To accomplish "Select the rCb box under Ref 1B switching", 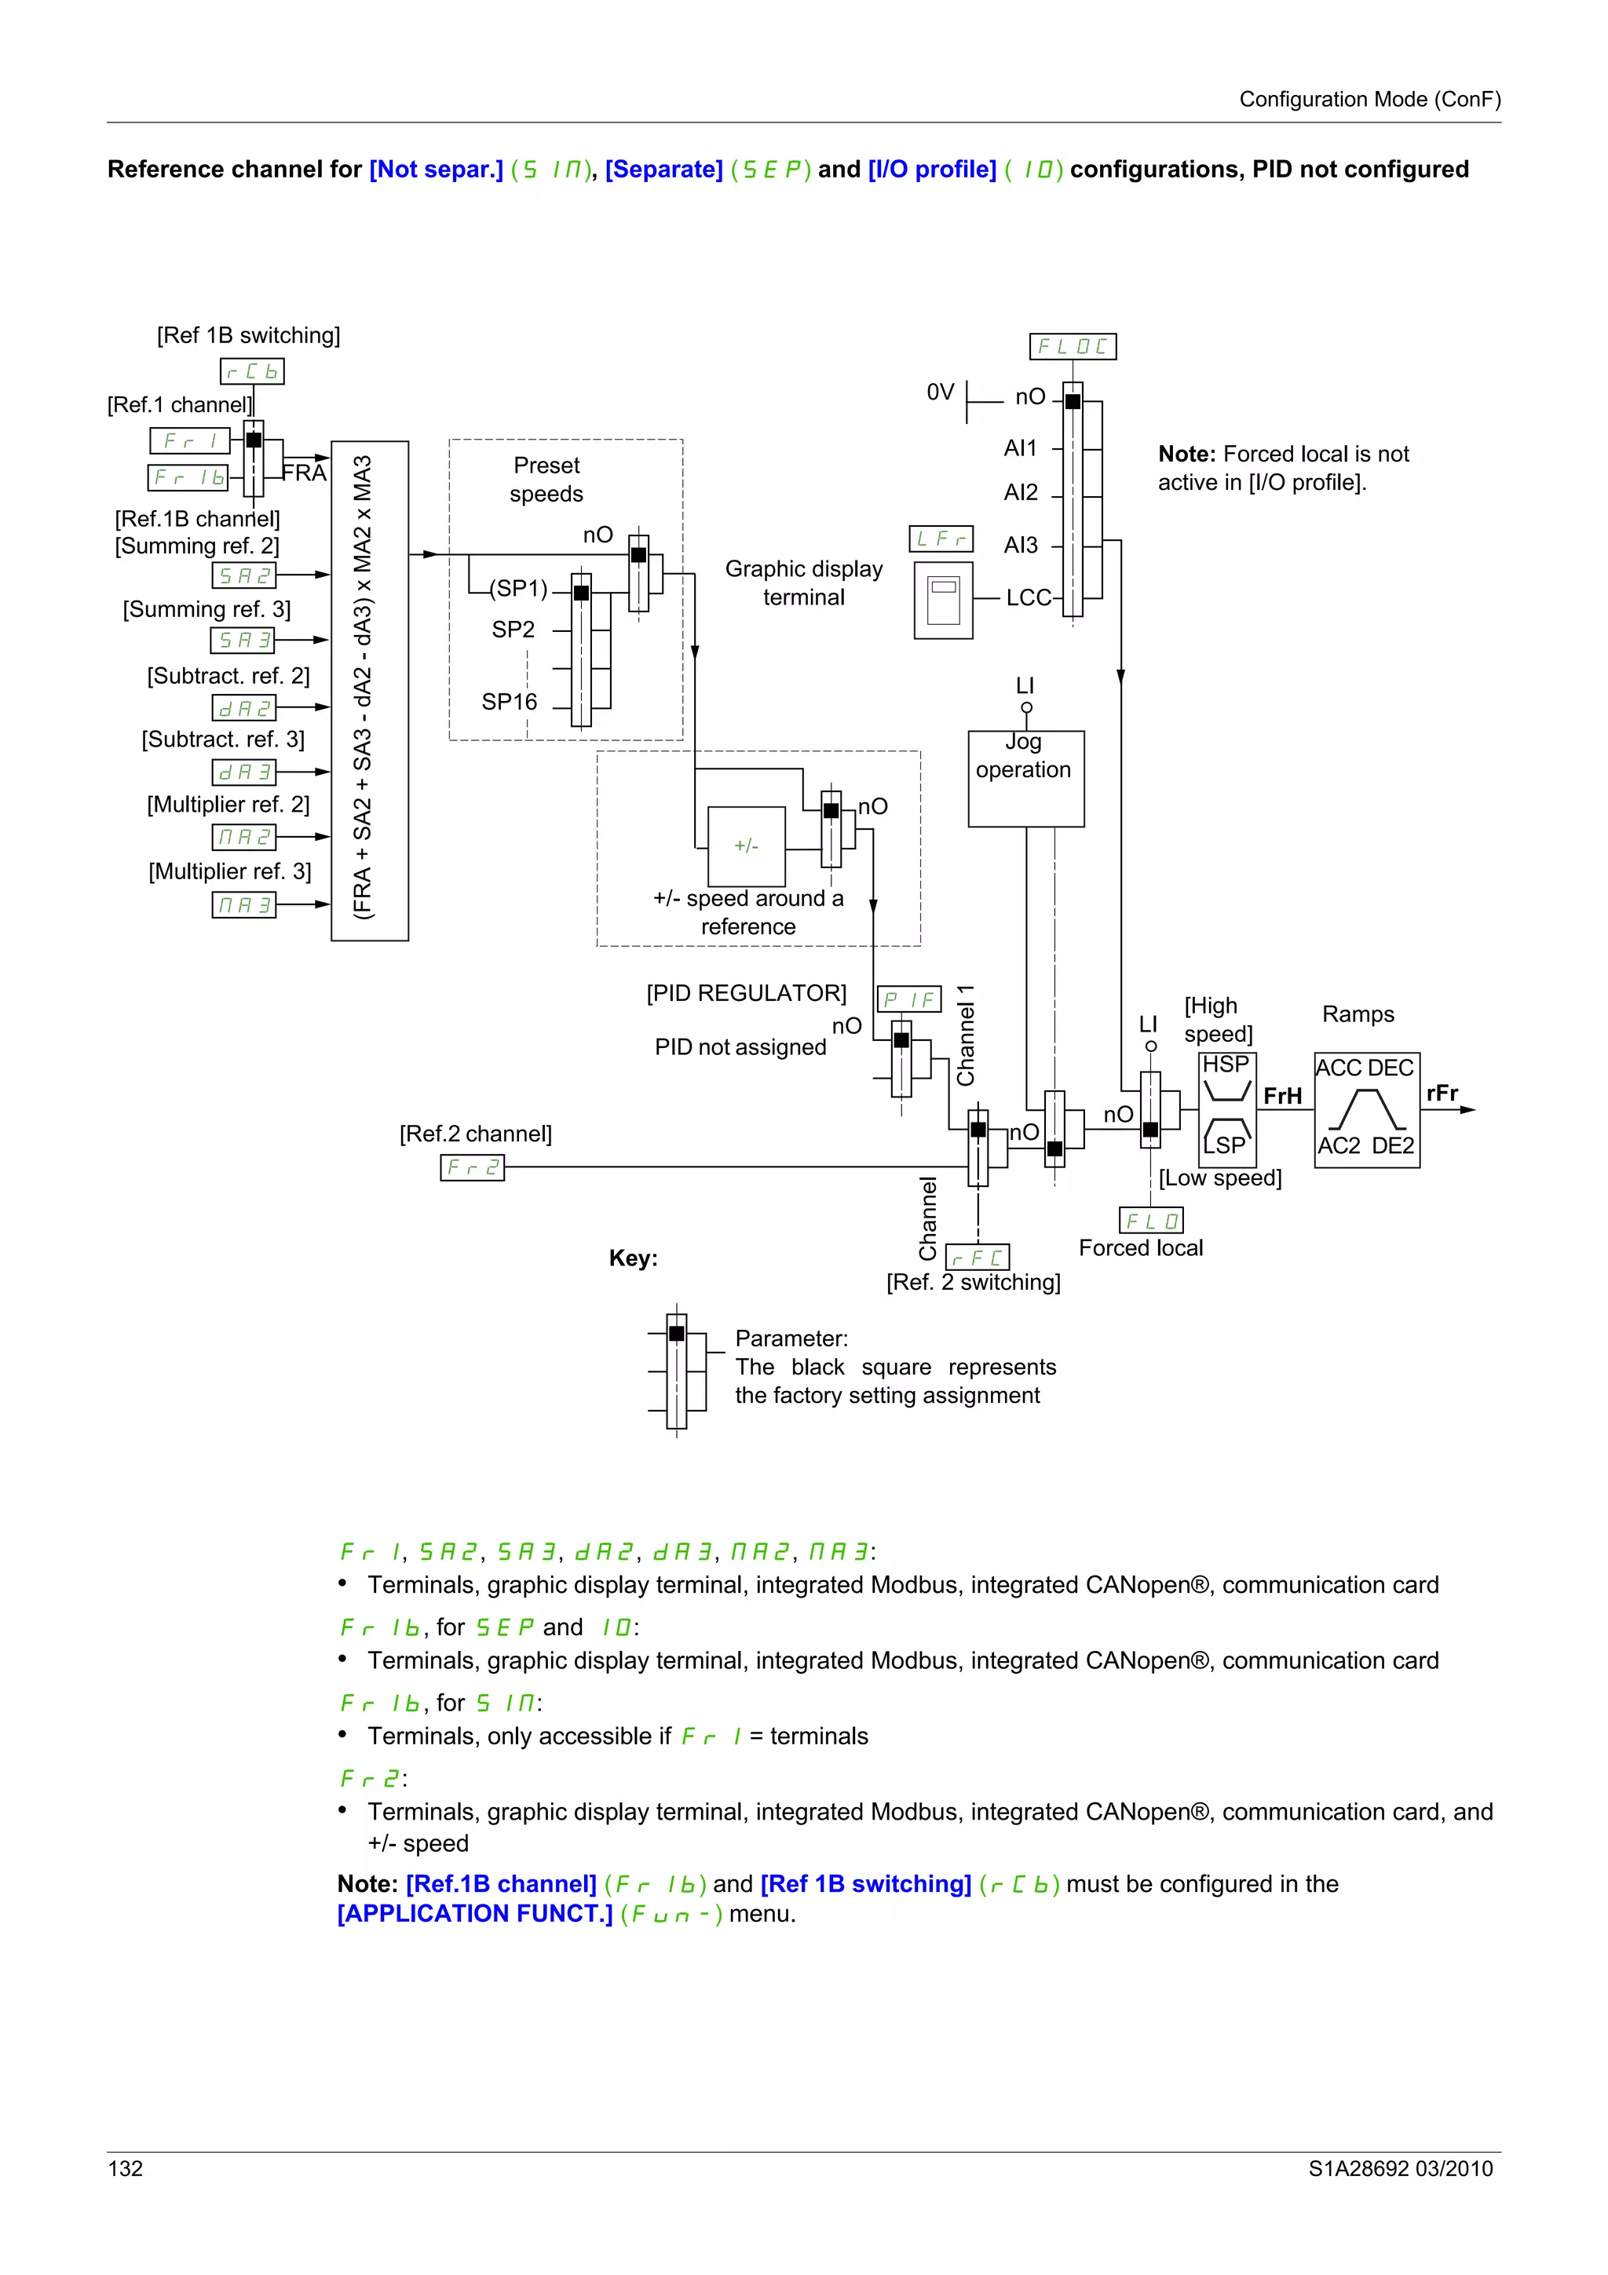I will [252, 371].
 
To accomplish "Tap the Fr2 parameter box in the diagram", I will [472, 1168].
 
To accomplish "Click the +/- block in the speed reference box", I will [746, 846].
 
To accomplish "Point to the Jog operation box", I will [1025, 778].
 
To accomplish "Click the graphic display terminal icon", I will [943, 601].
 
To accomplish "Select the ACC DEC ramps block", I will [1366, 1110].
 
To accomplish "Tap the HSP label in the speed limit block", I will [1226, 1064].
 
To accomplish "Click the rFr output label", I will [1442, 1093].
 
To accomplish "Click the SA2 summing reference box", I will [243, 575].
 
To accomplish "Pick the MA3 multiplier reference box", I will [243, 904].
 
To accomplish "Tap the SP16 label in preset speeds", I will [510, 702].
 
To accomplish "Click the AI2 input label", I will [1021, 492].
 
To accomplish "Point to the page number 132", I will [126, 2168].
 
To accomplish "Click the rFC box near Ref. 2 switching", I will [977, 1258].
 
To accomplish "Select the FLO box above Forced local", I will [1150, 1221].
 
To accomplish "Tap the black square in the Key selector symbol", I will [677, 1334].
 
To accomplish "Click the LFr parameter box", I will [941, 539].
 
